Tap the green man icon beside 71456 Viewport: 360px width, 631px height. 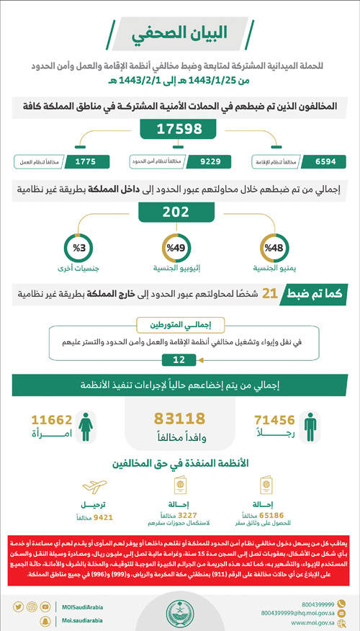(x=309, y=426)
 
